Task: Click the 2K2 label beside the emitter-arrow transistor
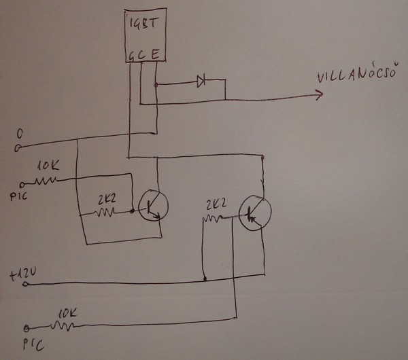coord(107,200)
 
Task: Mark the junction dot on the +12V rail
coord(203,278)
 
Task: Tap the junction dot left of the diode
coord(156,85)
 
